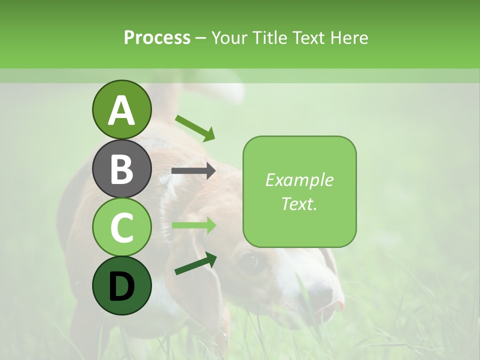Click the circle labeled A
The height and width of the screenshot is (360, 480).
[121, 109]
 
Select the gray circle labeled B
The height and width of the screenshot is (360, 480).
[121, 168]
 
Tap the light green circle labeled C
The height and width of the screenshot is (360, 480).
[121, 227]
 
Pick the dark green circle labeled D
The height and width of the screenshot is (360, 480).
[121, 285]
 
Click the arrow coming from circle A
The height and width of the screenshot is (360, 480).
[195, 128]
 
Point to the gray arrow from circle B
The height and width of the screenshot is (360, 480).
[193, 171]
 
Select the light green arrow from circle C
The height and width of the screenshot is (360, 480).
[193, 225]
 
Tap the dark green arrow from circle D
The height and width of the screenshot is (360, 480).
[195, 263]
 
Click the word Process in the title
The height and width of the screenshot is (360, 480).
[157, 37]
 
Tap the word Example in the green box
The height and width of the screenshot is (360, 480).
[299, 180]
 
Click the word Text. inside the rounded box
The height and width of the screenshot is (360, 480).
[299, 203]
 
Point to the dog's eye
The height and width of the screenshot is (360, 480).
[250, 260]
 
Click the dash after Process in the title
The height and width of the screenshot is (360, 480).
[201, 38]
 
